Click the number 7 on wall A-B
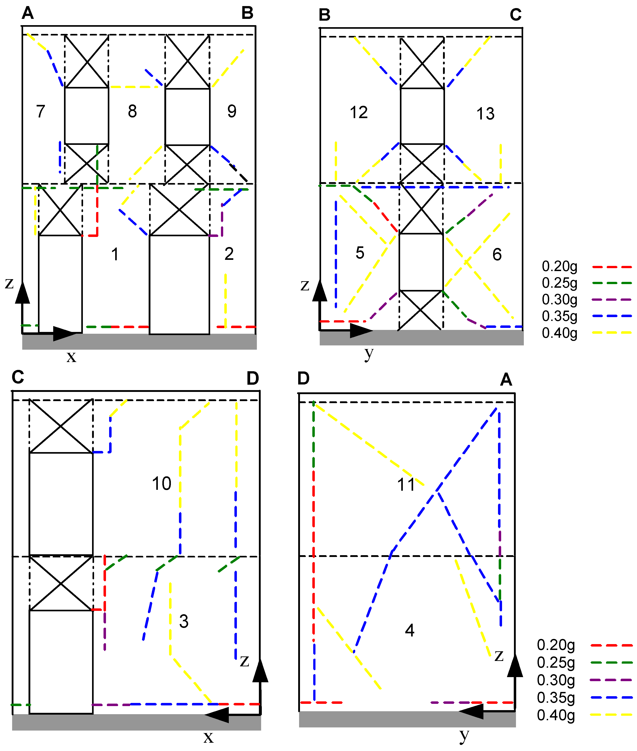pos(40,111)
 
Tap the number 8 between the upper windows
pos(132,111)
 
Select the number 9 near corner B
pos(232,111)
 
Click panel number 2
pos(229,254)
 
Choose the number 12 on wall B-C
pos(359,112)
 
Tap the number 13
pos(485,114)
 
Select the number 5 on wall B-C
pos(360,253)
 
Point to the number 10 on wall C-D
pos(161,484)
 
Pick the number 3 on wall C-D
pos(184,621)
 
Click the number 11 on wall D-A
pos(406,484)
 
